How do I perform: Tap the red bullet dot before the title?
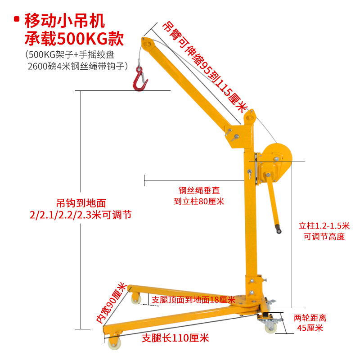pyautogui.click(x=17, y=19)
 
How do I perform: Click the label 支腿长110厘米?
pyautogui.click(x=175, y=337)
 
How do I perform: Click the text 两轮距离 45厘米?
pyautogui.click(x=310, y=323)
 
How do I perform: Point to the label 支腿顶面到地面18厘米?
pyautogui.click(x=193, y=299)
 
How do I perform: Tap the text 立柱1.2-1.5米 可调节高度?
pyautogui.click(x=324, y=230)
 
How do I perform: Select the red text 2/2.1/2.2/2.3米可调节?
pyautogui.click(x=81, y=215)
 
